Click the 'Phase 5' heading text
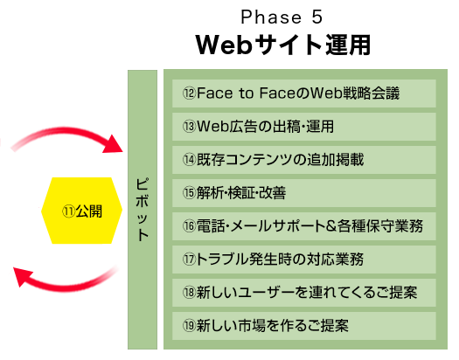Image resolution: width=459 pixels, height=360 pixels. click(x=282, y=17)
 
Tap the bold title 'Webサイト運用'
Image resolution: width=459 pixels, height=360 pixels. click(x=283, y=45)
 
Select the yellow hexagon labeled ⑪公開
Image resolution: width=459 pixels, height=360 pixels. click(x=81, y=211)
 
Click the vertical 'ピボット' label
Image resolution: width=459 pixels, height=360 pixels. click(x=143, y=210)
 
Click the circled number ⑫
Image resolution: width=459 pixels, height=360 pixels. click(x=189, y=93)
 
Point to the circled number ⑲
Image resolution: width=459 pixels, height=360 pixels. click(x=189, y=326)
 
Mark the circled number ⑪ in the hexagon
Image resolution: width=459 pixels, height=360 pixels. click(x=68, y=211)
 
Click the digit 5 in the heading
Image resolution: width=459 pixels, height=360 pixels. click(x=316, y=17)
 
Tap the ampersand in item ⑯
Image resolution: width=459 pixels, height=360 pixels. click(x=330, y=226)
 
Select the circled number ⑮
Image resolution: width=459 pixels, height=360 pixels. click(x=189, y=193)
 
